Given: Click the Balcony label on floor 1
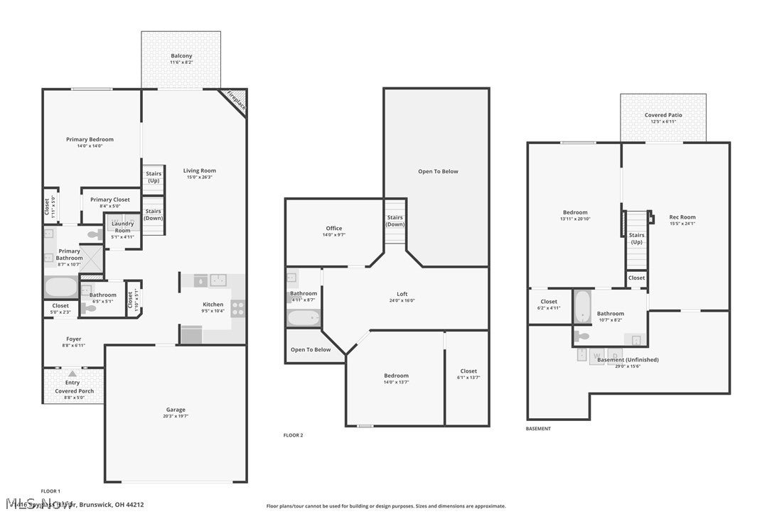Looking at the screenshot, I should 181,56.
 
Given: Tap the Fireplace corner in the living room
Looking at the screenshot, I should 236,100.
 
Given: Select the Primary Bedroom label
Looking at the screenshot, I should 90,139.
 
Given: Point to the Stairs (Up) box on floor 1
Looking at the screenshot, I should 154,177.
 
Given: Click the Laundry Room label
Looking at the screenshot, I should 122,226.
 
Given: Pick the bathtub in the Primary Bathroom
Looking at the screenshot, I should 60,287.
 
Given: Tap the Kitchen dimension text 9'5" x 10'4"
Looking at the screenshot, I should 213,311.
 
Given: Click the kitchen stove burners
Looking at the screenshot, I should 237,308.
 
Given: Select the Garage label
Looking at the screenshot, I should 176,410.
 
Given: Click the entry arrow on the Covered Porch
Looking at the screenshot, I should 72,373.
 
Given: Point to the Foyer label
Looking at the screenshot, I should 74,339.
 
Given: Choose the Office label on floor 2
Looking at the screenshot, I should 334,229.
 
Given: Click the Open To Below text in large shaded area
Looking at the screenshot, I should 438,171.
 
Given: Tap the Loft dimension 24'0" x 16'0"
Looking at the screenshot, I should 402,300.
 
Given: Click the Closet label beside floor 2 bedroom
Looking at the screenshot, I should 468,371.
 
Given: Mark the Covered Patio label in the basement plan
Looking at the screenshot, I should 663,115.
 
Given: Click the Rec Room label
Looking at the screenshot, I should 682,217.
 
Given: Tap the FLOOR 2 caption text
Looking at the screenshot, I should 293,435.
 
